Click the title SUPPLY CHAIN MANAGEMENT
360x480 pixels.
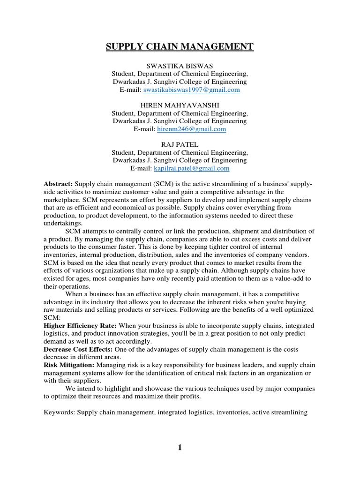[x=180, y=46]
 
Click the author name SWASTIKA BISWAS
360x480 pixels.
[x=180, y=66]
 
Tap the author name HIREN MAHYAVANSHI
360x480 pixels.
[x=180, y=105]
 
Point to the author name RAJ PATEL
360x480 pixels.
[x=180, y=144]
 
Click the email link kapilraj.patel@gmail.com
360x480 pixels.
[x=195, y=168]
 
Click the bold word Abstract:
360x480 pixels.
[x=58, y=184]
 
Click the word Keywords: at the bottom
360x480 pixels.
[x=59, y=412]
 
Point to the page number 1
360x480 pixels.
[x=180, y=447]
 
